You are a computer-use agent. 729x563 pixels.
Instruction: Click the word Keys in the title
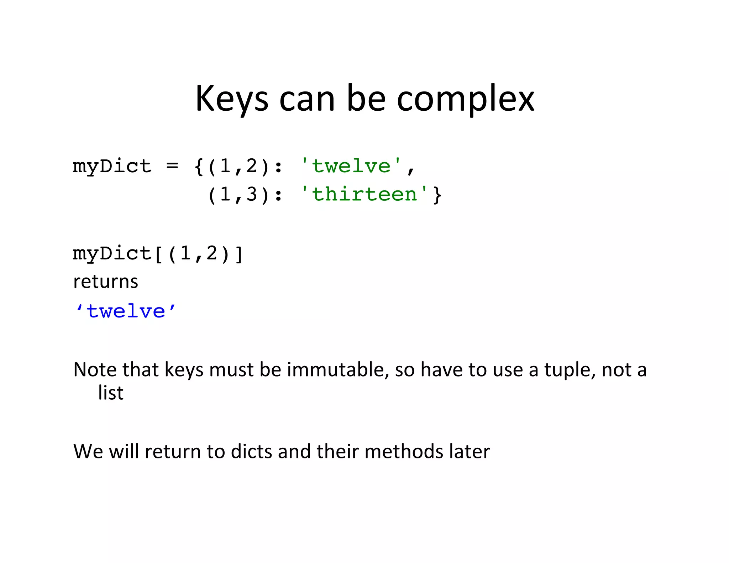[x=231, y=99]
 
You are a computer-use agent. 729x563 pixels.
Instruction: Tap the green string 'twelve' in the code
[x=351, y=166]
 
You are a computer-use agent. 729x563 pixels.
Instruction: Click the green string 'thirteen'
[x=364, y=194]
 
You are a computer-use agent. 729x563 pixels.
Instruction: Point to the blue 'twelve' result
[x=126, y=311]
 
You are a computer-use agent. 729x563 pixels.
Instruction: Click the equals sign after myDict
[x=172, y=166]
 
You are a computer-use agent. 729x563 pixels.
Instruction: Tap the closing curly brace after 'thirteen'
[x=437, y=195]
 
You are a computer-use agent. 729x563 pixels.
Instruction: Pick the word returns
[x=105, y=282]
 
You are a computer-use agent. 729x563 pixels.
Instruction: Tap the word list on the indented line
[x=111, y=393]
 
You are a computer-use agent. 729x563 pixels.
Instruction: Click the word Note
[x=95, y=369]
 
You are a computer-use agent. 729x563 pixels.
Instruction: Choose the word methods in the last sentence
[x=404, y=451]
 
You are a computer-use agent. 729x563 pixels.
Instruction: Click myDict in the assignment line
[x=112, y=167]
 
